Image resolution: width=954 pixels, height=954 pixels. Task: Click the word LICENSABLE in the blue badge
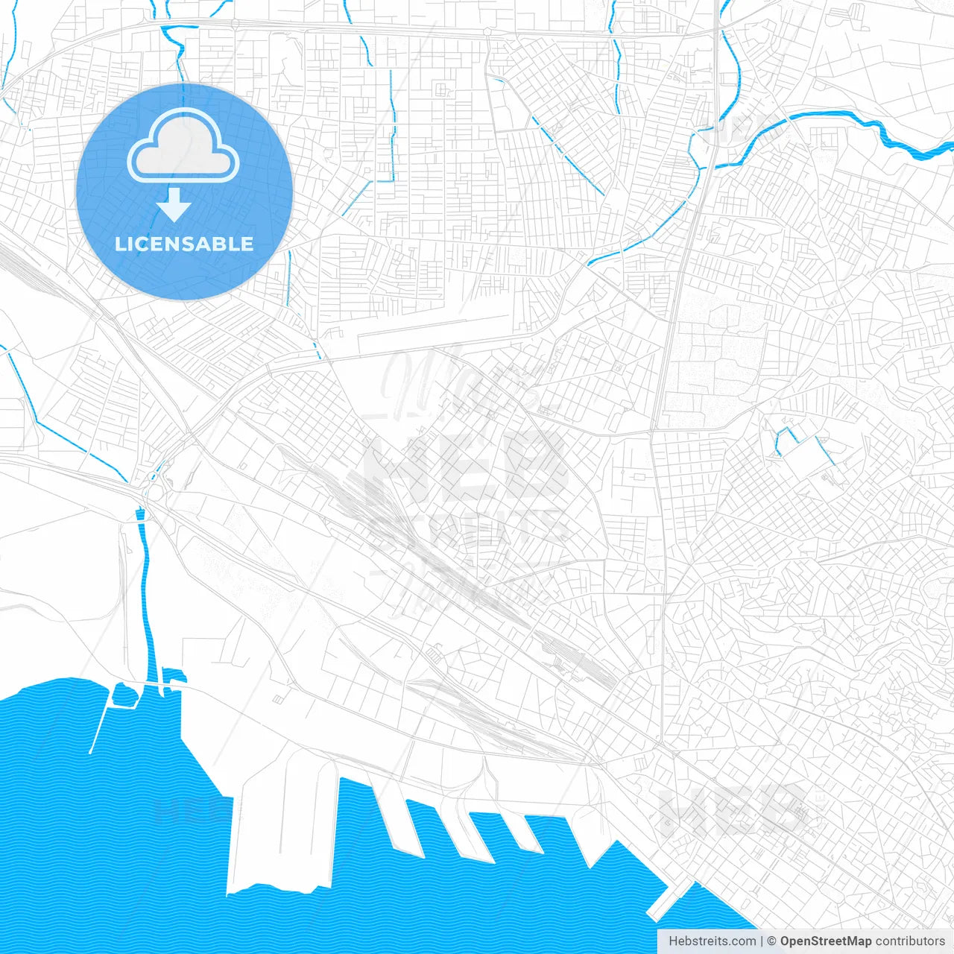coord(184,244)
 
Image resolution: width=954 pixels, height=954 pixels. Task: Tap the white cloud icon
coord(183,147)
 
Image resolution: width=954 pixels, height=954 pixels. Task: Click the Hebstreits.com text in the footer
coord(712,941)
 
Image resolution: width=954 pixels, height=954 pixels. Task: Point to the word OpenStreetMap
coord(825,941)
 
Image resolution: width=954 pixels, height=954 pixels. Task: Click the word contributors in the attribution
coord(909,941)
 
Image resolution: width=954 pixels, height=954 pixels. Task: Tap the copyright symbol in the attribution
coord(772,941)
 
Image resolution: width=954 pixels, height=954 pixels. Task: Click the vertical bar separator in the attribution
coord(762,941)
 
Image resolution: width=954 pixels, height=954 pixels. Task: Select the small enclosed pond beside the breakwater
coord(124,695)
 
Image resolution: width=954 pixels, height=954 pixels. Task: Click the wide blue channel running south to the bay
coord(148,596)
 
